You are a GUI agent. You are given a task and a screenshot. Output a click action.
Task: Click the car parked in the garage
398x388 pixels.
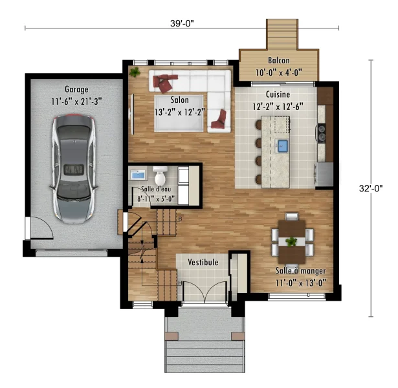74,169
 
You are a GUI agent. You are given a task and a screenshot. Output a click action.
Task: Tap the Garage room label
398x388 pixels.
76,89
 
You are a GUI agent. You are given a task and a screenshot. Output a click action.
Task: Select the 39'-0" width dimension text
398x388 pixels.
182,23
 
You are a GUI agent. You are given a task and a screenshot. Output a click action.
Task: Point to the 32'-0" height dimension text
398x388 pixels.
371,188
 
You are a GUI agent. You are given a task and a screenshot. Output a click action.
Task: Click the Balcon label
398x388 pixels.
279,61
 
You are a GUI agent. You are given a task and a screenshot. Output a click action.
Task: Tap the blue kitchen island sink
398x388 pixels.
282,145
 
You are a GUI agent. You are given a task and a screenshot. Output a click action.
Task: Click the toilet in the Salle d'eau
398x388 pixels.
160,175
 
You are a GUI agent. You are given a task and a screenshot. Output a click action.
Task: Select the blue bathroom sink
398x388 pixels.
138,175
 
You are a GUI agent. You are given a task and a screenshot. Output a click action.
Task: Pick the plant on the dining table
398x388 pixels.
291,241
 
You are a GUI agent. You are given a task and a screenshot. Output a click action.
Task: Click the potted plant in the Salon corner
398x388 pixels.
135,72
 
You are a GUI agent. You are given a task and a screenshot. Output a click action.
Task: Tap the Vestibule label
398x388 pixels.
203,262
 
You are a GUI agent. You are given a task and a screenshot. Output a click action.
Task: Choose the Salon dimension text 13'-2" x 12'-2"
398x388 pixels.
179,112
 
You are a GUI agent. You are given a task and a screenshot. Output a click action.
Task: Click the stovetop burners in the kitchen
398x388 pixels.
322,133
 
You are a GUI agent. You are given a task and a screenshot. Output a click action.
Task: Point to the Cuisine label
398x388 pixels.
278,94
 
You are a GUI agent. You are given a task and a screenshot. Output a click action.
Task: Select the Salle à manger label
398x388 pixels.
300,271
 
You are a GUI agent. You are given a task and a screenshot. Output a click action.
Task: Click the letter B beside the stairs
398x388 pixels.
180,219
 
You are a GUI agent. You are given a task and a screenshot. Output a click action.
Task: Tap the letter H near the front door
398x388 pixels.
180,283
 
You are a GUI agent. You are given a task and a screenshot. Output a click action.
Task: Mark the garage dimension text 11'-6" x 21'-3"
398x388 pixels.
76,102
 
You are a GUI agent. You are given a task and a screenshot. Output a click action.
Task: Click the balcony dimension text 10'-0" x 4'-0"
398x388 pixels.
279,73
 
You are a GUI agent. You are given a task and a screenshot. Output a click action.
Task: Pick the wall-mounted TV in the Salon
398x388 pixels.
132,114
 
